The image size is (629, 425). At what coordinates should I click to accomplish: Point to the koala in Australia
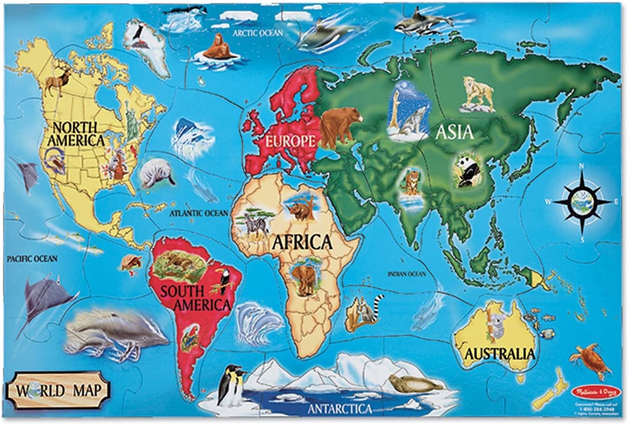pyautogui.click(x=493, y=321)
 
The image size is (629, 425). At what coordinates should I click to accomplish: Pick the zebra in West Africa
pyautogui.click(x=255, y=222)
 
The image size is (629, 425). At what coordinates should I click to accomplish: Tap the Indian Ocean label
pyautogui.click(x=407, y=274)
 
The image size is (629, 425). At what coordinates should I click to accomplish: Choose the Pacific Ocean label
pyautogui.click(x=32, y=259)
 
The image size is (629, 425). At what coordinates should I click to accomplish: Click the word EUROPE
pyautogui.click(x=289, y=142)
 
